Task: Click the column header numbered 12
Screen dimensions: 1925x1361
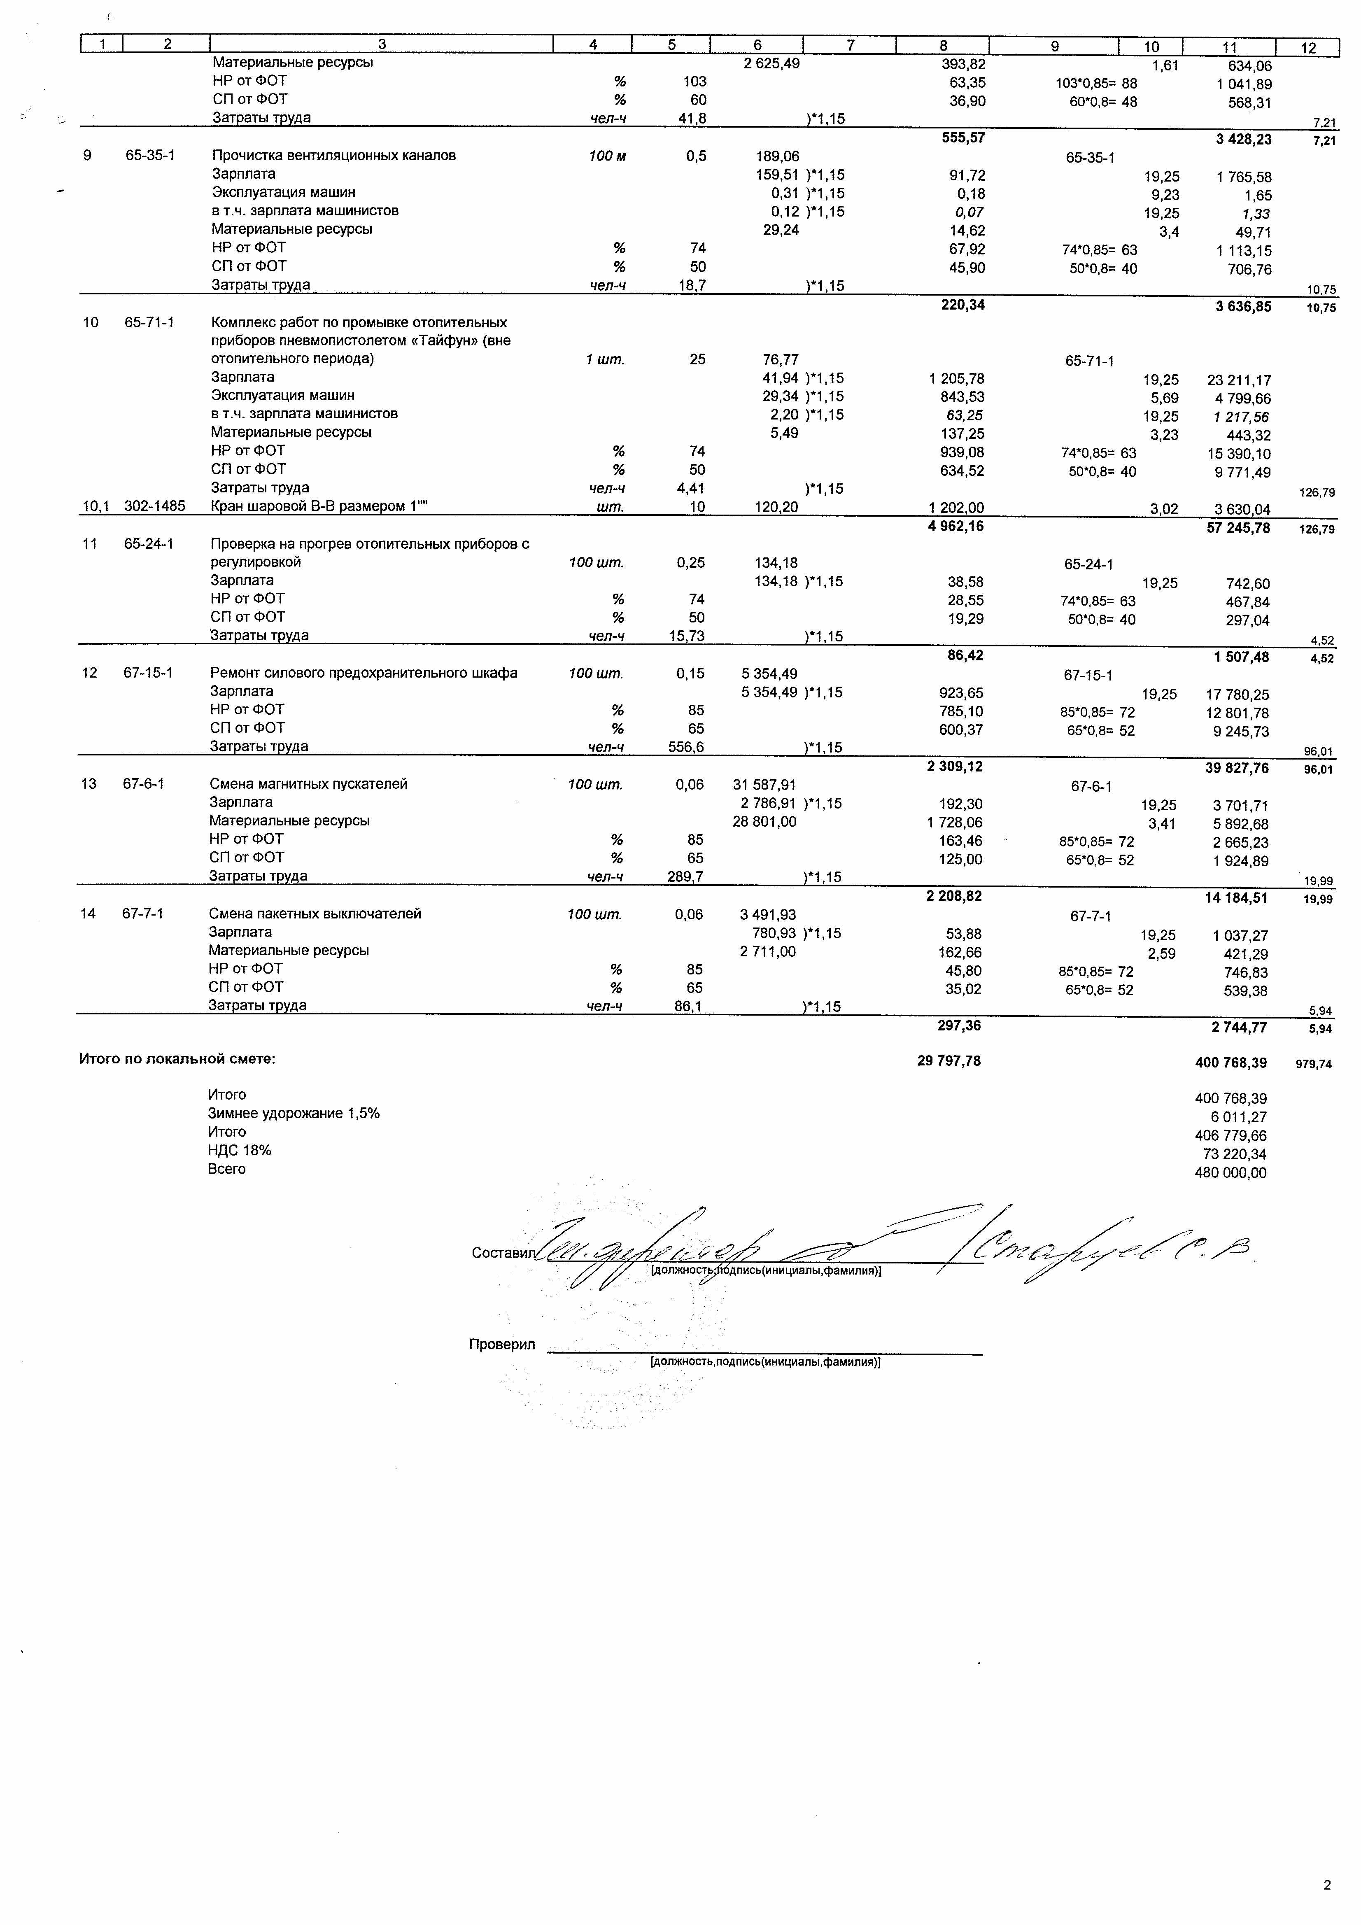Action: (1308, 48)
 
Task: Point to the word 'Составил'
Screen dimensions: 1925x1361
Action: (502, 1253)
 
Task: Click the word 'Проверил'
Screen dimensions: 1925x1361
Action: (501, 1344)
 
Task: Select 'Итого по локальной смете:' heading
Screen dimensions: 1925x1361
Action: (177, 1059)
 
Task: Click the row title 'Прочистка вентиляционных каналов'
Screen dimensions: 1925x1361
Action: (334, 155)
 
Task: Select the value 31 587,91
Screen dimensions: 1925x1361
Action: (764, 785)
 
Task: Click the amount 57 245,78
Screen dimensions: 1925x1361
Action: (1238, 527)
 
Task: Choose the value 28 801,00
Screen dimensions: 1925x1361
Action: (764, 822)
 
